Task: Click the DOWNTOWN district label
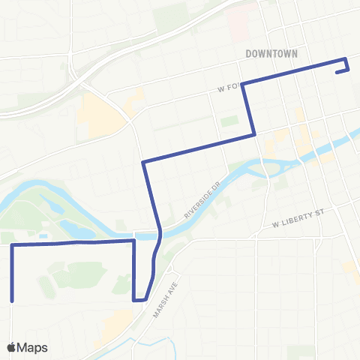coord(271,53)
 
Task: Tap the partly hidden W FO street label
coord(227,87)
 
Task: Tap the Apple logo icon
coord(12,347)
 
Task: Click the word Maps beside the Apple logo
coord(34,347)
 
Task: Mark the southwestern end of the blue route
coord(12,300)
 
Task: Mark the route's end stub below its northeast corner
coord(337,72)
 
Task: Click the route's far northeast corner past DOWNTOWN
coord(345,59)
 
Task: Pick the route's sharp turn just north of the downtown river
coord(255,134)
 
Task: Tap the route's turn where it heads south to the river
coord(142,161)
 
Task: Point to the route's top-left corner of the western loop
coord(12,245)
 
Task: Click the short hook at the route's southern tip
coord(139,300)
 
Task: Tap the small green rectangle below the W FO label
coord(229,121)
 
